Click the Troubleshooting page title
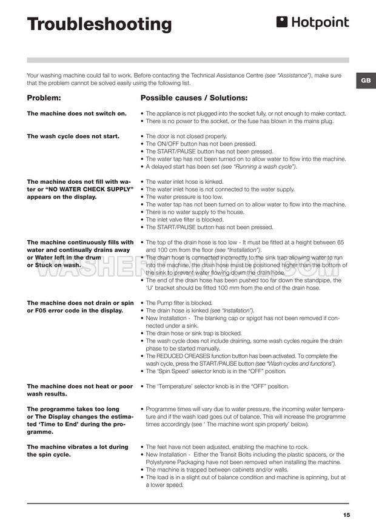coord(99,24)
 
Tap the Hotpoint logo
coord(312,23)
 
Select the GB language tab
coord(365,81)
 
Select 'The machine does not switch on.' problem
coord(77,113)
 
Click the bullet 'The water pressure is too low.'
coord(184,197)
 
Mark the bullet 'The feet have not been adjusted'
coord(215,446)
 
